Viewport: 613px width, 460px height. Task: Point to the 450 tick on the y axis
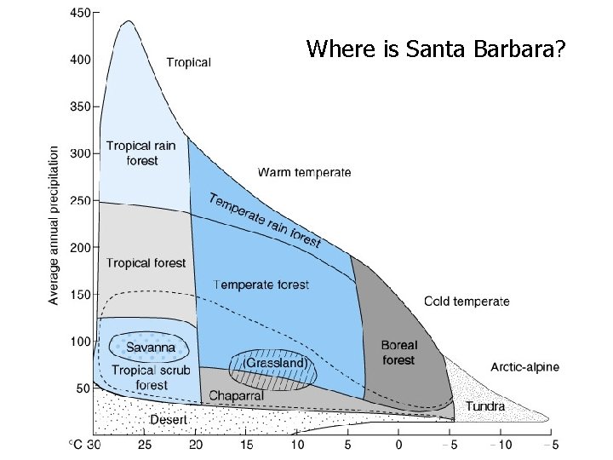[x=79, y=14]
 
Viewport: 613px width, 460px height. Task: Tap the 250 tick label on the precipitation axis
[x=79, y=201]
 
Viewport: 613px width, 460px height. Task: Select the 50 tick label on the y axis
[x=83, y=388]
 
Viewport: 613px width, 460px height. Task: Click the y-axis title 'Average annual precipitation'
[x=54, y=225]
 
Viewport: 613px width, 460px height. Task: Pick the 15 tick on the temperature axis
[x=247, y=444]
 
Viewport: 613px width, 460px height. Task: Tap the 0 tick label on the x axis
[x=398, y=444]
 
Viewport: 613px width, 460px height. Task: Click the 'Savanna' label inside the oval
[x=151, y=347]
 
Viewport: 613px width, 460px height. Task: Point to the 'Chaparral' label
[x=237, y=395]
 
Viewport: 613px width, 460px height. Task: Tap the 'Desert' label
[x=169, y=418]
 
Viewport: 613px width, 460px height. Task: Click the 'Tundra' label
[x=484, y=406]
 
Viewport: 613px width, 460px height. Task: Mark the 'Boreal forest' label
[x=398, y=353]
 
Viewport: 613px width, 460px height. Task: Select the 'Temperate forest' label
[x=261, y=285]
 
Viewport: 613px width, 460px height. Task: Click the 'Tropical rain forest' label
[x=141, y=153]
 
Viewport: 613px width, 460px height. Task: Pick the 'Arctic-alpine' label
[x=525, y=367]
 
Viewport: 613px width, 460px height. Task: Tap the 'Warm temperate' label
[x=304, y=173]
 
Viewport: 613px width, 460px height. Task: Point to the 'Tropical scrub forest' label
[x=146, y=377]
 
